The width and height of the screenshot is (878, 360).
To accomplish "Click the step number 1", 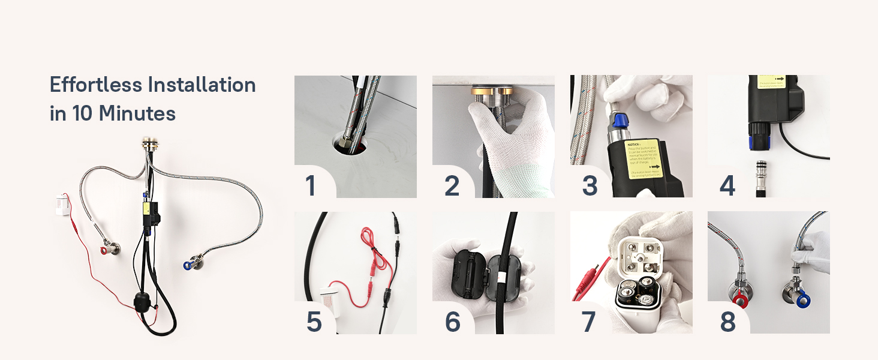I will pyautogui.click(x=310, y=185).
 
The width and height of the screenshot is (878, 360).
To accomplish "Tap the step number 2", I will pyautogui.click(x=452, y=185).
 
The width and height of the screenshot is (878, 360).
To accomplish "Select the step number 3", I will pyautogui.click(x=590, y=185).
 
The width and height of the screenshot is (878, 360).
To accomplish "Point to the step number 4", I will pyautogui.click(x=727, y=185).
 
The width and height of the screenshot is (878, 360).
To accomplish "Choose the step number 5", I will pyautogui.click(x=314, y=322).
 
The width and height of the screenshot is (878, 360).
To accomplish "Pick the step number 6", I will pyautogui.click(x=452, y=322).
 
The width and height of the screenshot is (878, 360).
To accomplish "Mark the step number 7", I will pyautogui.click(x=588, y=322).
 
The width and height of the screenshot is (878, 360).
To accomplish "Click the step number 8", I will pyautogui.click(x=727, y=322).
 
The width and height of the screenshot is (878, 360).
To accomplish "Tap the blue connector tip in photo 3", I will pyautogui.click(x=620, y=124).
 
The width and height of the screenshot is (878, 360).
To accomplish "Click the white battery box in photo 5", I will pyautogui.click(x=331, y=298).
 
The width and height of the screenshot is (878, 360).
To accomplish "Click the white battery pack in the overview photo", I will pyautogui.click(x=63, y=204).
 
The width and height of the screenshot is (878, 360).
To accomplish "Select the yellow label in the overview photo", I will pyautogui.click(x=146, y=209).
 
